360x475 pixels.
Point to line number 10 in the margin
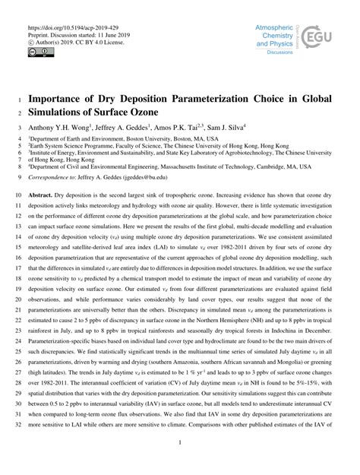point(18,195)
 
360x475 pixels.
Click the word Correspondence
point(52,176)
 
